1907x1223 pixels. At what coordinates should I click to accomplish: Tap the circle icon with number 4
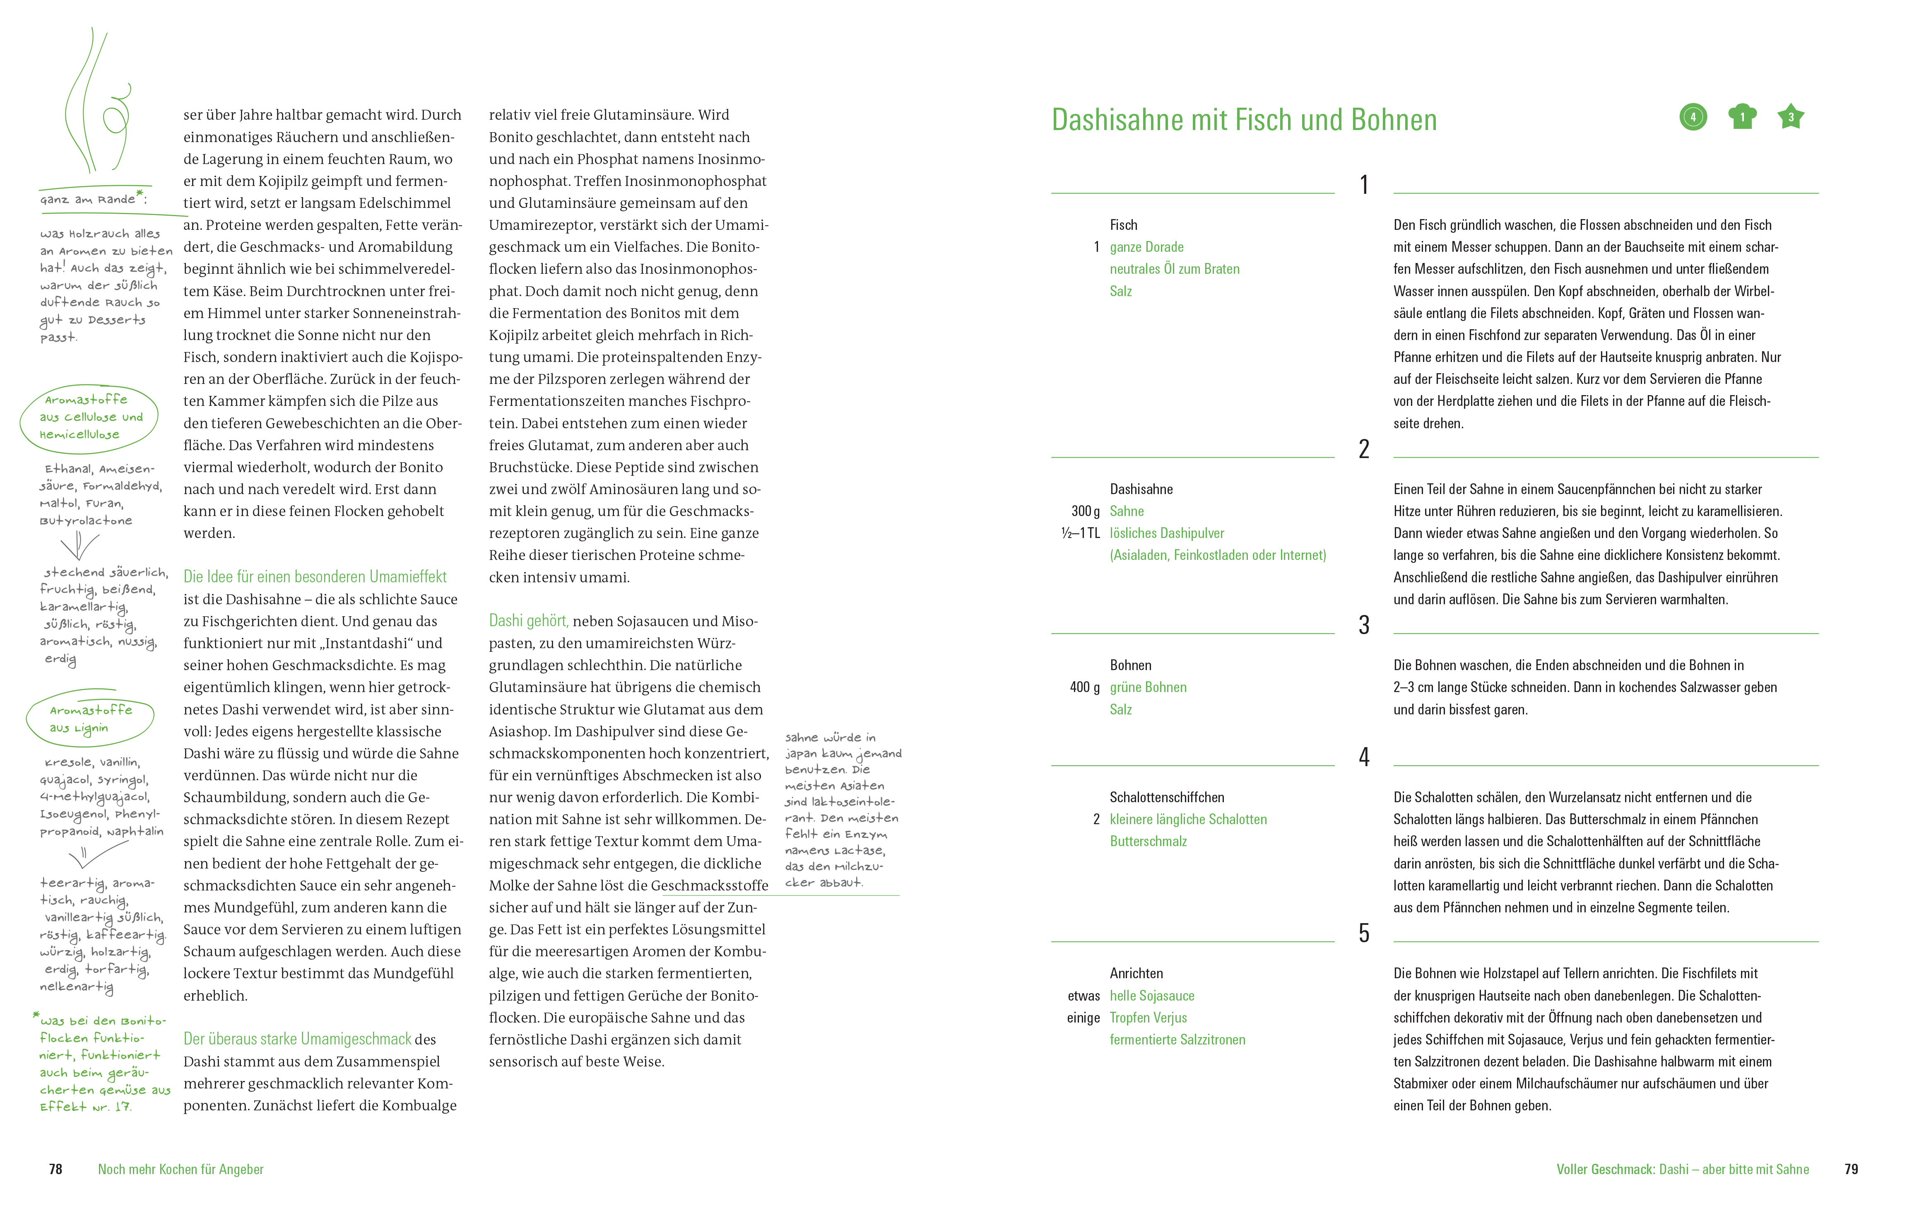point(1693,118)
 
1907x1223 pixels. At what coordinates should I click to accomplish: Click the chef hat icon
point(1742,117)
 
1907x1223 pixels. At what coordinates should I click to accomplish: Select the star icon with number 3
point(1790,117)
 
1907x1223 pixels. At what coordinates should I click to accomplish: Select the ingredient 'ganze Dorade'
point(1146,247)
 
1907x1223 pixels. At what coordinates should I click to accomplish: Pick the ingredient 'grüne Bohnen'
point(1148,688)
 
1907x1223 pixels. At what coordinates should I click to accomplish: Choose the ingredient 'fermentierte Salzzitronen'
point(1177,1040)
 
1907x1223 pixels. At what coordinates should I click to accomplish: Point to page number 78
point(55,1169)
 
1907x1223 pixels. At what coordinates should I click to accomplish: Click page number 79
point(1851,1169)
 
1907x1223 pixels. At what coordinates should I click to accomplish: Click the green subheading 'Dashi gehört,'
point(529,621)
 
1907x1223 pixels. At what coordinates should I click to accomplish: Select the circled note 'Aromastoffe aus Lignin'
point(89,719)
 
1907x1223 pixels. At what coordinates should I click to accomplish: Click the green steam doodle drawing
point(97,103)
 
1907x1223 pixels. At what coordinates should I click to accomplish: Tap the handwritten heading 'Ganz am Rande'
point(92,198)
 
